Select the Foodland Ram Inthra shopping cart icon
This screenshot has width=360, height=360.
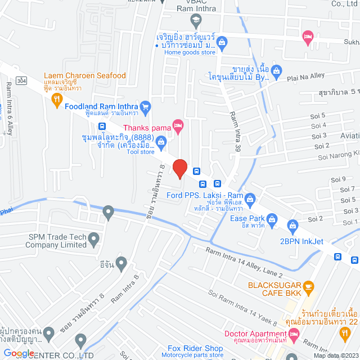pyautogui.click(x=145, y=106)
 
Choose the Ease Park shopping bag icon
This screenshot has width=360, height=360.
pyautogui.click(x=272, y=218)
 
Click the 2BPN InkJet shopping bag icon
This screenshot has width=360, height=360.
pyautogui.click(x=292, y=227)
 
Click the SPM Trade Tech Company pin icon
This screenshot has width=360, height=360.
pyautogui.click(x=94, y=240)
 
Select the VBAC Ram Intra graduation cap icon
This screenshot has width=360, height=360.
pyautogui.click(x=195, y=21)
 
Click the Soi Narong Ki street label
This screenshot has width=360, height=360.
pyautogui.click(x=335, y=151)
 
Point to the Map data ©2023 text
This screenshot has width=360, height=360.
pyautogui.click(x=335, y=355)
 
